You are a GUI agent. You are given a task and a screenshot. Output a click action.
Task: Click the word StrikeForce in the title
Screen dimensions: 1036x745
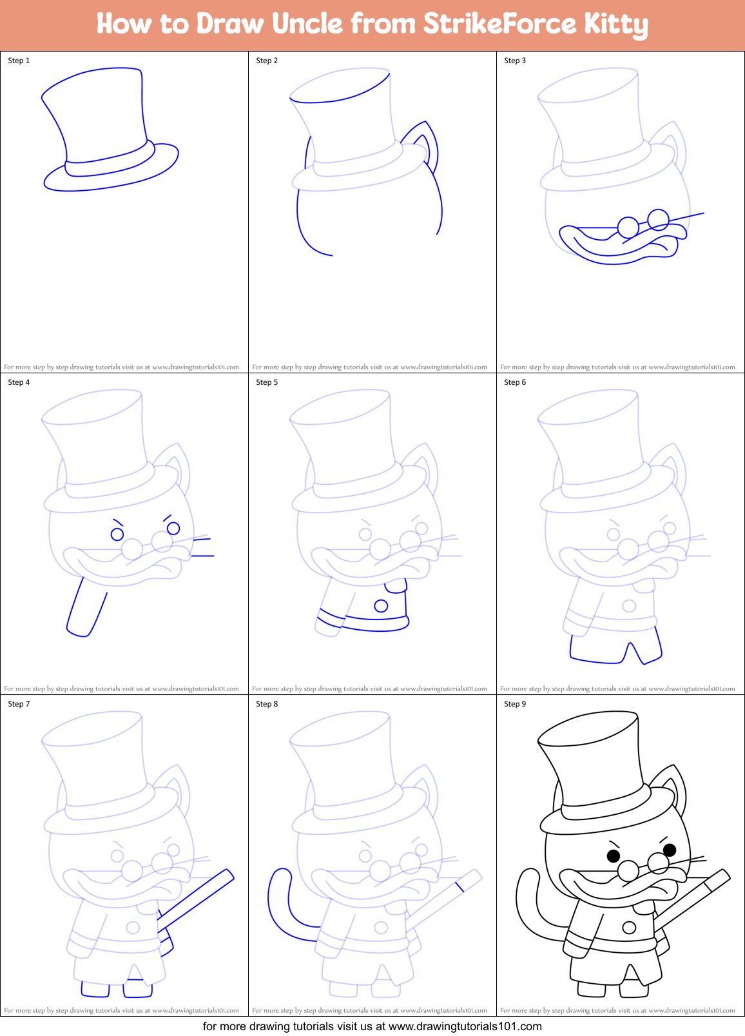tap(499, 24)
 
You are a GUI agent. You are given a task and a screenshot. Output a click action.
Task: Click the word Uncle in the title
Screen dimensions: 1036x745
tap(307, 24)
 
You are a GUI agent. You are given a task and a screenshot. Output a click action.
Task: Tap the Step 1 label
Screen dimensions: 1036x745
tap(19, 61)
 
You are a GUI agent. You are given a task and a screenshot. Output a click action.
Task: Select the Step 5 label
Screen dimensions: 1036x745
tap(267, 382)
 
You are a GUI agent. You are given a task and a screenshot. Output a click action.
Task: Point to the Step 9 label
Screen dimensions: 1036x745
tap(515, 704)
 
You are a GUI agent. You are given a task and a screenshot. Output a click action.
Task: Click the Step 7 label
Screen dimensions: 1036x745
tap(19, 704)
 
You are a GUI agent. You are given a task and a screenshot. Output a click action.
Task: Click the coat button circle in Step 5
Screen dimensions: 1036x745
tap(381, 606)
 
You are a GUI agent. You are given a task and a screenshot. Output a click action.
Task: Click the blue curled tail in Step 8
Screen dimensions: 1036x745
tap(274, 903)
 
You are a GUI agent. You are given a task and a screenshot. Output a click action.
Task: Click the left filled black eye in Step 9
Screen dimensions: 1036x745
tap(614, 856)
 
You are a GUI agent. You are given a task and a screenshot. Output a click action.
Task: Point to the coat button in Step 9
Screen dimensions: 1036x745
tap(629, 928)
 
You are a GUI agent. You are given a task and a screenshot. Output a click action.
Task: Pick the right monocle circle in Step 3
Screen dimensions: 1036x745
tap(658, 219)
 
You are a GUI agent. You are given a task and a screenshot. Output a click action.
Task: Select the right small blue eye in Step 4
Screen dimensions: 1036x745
tap(173, 529)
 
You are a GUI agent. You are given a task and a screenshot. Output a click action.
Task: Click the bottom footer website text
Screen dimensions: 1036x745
tap(372, 1026)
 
